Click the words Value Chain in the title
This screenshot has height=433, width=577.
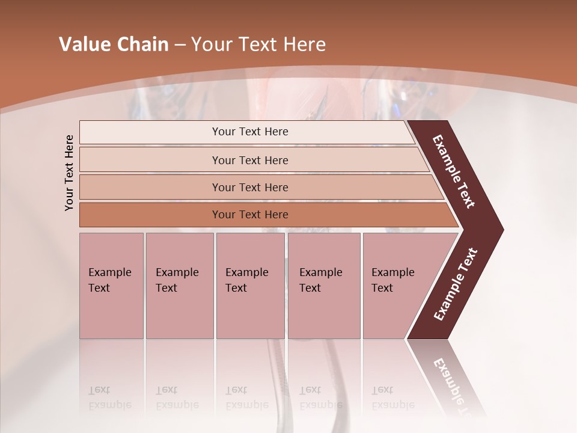click(114, 45)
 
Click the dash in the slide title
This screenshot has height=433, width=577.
click(180, 45)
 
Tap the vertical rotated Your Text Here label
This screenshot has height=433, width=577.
click(69, 173)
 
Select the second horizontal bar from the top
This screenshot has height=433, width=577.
click(249, 160)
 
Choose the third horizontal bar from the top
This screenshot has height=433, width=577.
click(249, 187)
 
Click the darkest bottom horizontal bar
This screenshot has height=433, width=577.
click(249, 215)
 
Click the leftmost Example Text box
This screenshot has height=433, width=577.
click(111, 286)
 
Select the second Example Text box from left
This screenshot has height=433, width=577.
click(179, 286)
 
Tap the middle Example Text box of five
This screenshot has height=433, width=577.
click(250, 286)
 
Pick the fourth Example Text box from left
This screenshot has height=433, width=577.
click(323, 286)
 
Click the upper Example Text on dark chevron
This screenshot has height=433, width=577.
click(454, 171)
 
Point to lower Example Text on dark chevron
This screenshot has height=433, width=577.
click(456, 284)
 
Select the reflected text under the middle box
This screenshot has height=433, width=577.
click(246, 398)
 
